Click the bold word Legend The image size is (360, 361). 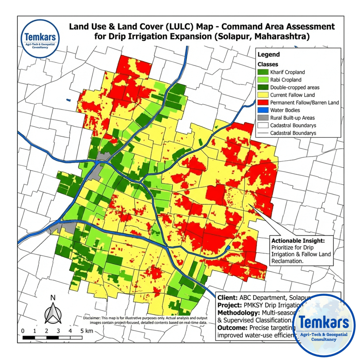[269, 55]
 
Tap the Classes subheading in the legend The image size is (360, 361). [267, 64]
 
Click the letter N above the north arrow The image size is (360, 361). [53, 298]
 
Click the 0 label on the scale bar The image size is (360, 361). [23, 331]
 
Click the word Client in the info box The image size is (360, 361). [226, 298]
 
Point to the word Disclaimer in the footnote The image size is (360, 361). [93, 318]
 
